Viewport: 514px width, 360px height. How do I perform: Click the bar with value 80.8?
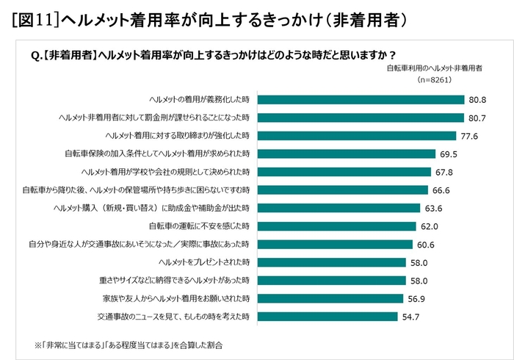tap(360, 99)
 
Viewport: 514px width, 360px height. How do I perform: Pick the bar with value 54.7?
tap(327, 317)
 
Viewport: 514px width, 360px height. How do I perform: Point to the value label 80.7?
tap(477, 118)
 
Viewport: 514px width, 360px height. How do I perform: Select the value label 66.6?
tap(440, 190)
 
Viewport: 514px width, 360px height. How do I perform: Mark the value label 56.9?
tap(416, 298)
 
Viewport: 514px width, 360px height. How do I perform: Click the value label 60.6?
tap(427, 244)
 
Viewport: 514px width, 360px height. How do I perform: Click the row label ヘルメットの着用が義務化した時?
tap(199, 99)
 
